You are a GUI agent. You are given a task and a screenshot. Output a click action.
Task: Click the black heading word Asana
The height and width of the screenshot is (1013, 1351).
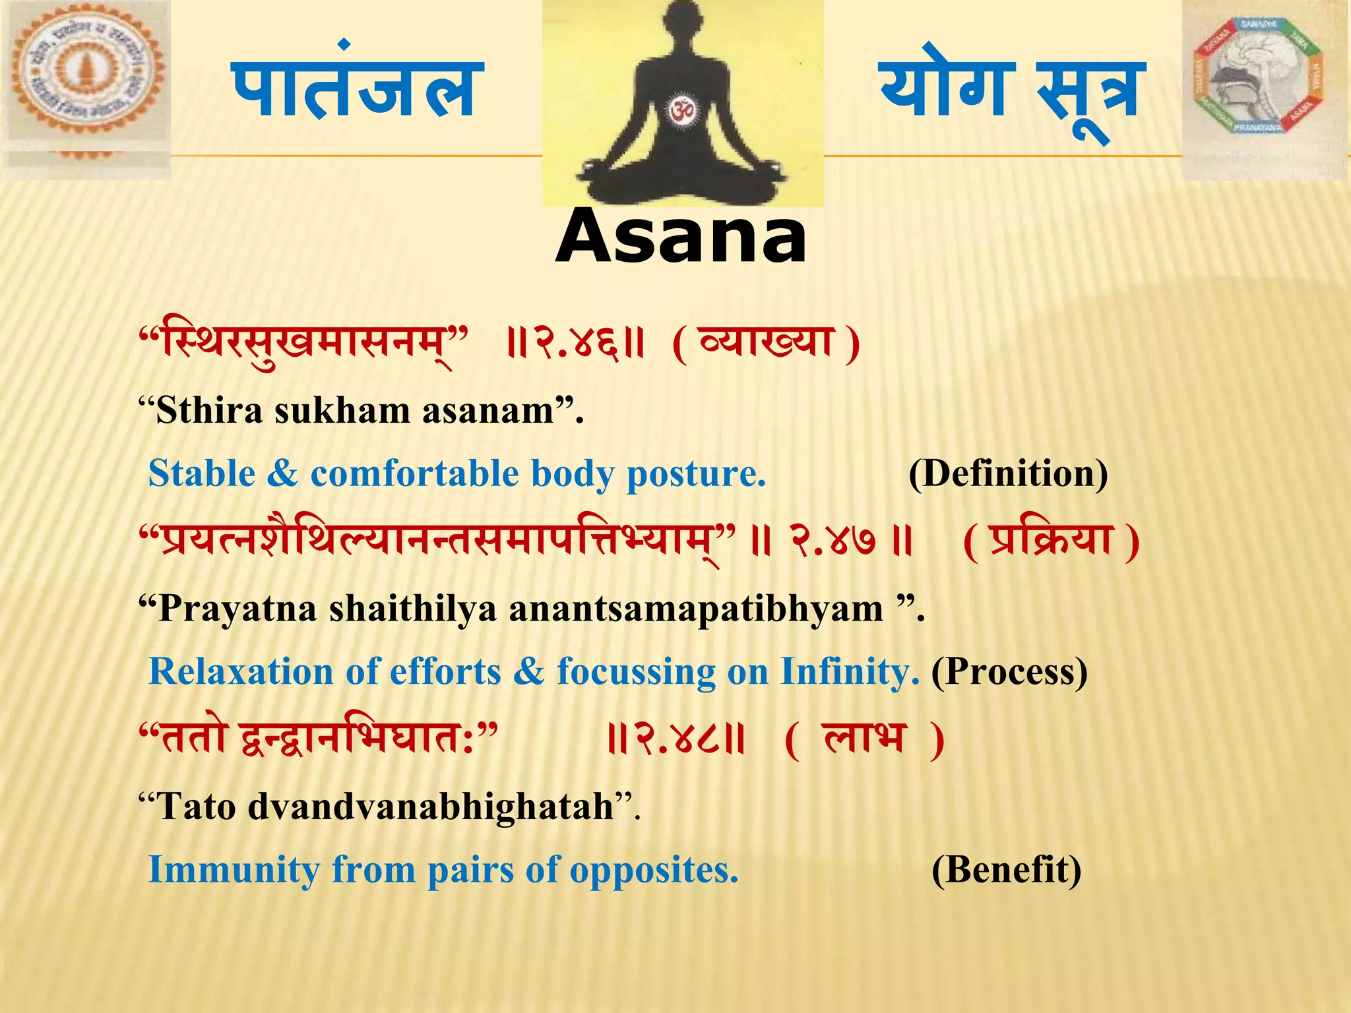681,236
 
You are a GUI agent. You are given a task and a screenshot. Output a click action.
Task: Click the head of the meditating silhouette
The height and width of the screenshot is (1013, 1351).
680,26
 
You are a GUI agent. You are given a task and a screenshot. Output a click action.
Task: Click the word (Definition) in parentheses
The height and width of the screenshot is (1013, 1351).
1007,474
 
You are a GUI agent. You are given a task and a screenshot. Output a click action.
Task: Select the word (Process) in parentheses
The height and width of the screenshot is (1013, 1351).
1009,672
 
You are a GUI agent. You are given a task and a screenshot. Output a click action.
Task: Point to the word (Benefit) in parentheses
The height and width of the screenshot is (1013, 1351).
1006,870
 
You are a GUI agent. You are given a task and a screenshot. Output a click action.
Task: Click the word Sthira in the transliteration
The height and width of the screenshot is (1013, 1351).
209,411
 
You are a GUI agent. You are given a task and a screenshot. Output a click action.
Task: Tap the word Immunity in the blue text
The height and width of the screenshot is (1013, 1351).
234,870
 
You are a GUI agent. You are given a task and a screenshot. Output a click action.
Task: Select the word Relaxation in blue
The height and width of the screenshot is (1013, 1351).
241,672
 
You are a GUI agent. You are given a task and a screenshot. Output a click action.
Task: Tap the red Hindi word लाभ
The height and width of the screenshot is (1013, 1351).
865,737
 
